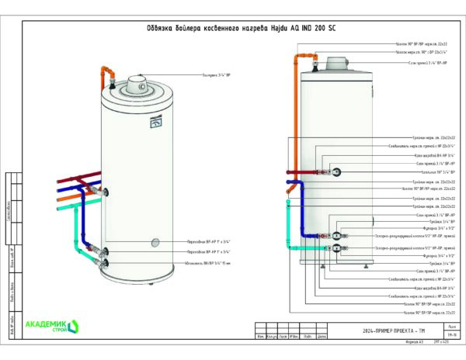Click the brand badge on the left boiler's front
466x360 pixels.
(154, 120)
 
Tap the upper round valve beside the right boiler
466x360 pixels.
(332, 173)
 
